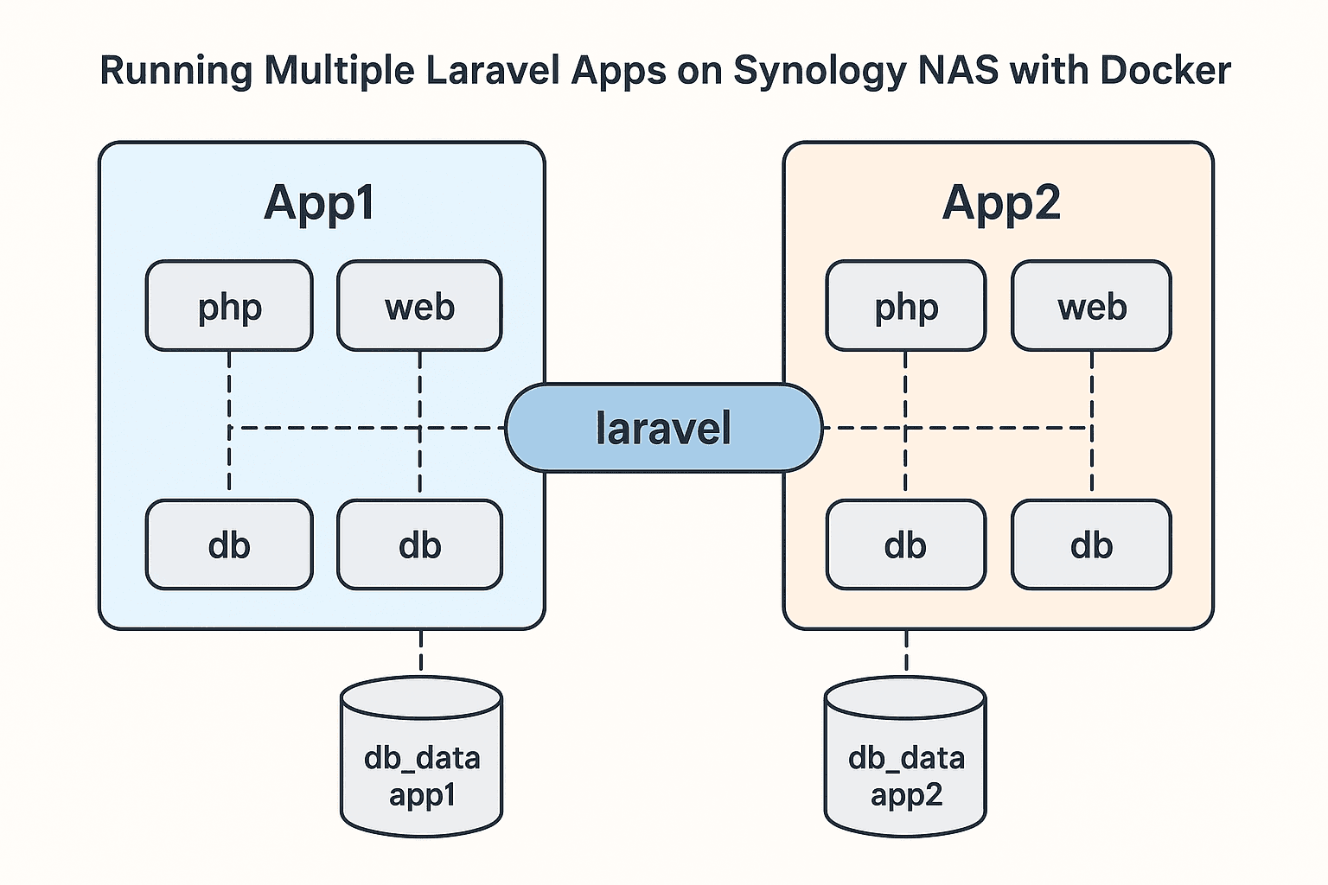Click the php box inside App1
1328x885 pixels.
tap(229, 306)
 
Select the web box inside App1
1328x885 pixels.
tap(419, 306)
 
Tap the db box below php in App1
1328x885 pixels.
tap(229, 544)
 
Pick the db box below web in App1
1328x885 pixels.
tap(419, 544)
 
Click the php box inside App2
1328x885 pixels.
tap(905, 306)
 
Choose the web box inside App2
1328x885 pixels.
tap(1091, 306)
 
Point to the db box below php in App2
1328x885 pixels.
tap(905, 544)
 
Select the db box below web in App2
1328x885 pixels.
tap(1091, 544)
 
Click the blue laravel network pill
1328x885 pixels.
tap(663, 428)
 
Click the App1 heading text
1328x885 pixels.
tap(320, 203)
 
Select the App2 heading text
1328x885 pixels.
tap(1000, 203)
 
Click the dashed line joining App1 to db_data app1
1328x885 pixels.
tap(421, 652)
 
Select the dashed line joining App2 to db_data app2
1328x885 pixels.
tap(906, 652)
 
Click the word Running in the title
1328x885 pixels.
tap(176, 71)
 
